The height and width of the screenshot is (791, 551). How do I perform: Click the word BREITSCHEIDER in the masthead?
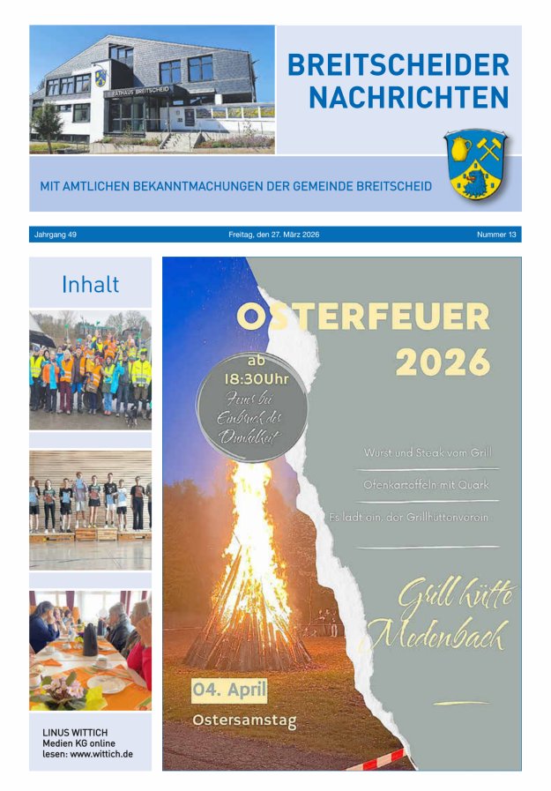pyautogui.click(x=398, y=65)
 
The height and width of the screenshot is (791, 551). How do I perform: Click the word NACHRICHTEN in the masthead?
pyautogui.click(x=409, y=98)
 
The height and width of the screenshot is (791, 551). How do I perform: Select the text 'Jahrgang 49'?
pyautogui.click(x=56, y=235)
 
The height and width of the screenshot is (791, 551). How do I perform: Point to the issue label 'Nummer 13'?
pyautogui.click(x=497, y=235)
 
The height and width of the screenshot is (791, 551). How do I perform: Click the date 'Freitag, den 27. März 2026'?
pyautogui.click(x=273, y=235)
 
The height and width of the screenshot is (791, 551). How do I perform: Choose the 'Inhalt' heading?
pyautogui.click(x=90, y=285)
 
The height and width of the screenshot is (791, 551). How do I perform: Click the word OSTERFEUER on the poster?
pyautogui.click(x=363, y=317)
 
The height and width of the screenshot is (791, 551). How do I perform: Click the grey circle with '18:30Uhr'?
pyautogui.click(x=251, y=405)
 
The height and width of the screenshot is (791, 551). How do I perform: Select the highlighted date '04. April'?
pyautogui.click(x=229, y=690)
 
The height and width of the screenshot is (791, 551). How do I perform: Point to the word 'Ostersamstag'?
pyautogui.click(x=244, y=720)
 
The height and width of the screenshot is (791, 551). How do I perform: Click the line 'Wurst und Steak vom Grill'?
pyautogui.click(x=427, y=452)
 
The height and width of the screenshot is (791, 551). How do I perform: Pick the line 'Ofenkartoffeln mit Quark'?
pyautogui.click(x=428, y=484)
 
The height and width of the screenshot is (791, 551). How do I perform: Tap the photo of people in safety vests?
pyautogui.click(x=90, y=369)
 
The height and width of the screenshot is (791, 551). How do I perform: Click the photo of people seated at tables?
pyautogui.click(x=90, y=651)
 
